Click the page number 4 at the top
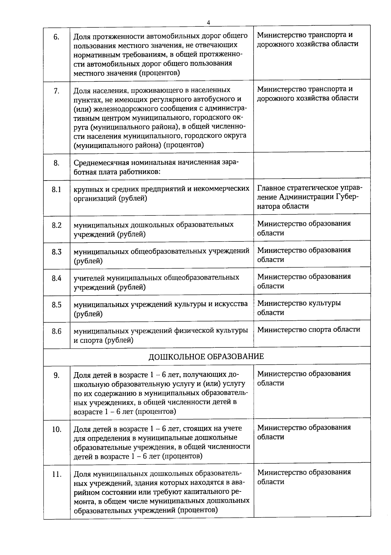pos(208,22)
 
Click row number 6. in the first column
pos(56,37)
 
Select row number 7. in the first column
pos(56,91)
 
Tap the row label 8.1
pos(56,189)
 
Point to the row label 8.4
pos(56,278)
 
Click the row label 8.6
pos(56,331)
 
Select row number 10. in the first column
pos(56,430)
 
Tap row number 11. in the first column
pos(56,475)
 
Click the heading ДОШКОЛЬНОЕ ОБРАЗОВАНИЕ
pos(206,356)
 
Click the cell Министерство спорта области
pos(309,329)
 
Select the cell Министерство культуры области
pos(299,308)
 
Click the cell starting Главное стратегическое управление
pos(309,197)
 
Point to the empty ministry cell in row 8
pos(311,166)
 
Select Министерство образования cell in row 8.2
pos(304,228)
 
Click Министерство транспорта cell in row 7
pos(307,94)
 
